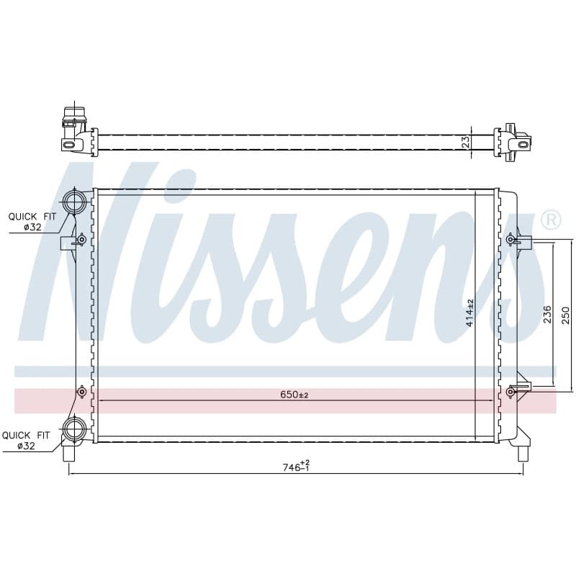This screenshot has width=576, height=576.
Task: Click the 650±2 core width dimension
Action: tap(294, 395)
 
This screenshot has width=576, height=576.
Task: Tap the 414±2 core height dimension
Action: tap(470, 313)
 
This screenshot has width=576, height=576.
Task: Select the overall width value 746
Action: tap(292, 467)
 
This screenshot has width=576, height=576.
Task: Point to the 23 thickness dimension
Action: tap(466, 142)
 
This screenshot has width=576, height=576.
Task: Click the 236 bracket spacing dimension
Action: tap(548, 314)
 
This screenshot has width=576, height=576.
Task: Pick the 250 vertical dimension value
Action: tap(566, 315)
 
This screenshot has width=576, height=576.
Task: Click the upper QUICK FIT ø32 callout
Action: tap(32, 222)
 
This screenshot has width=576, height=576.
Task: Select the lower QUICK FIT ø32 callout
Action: tap(26, 441)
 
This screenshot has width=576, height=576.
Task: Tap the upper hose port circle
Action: tap(75, 201)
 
